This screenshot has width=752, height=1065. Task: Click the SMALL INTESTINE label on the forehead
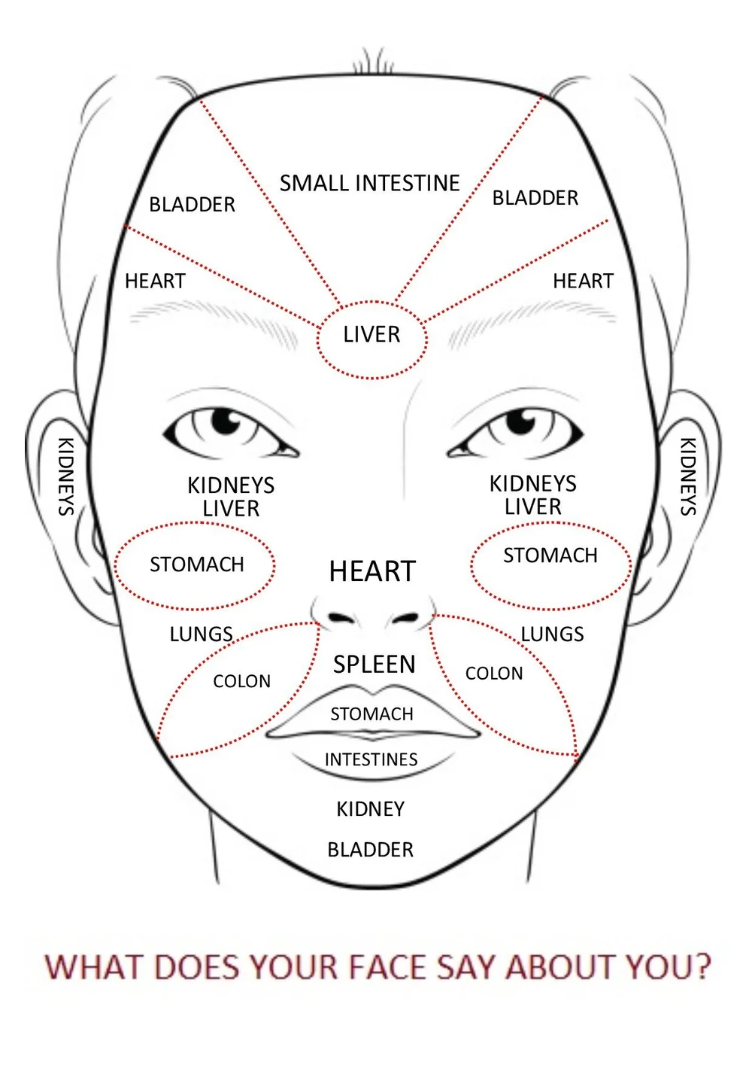369,183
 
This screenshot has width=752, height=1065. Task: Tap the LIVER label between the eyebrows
371,334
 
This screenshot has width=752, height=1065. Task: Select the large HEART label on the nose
372,571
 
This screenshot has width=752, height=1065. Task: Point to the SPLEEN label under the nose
374,664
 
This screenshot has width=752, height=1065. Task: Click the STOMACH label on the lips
371,714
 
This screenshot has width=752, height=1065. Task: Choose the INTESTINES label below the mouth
371,759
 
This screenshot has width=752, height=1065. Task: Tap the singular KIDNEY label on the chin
370,809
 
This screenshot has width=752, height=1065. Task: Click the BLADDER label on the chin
370,850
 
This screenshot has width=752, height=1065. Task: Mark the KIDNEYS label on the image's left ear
66,476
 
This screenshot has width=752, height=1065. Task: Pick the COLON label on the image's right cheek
494,673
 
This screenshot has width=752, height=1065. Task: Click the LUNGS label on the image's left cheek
201,634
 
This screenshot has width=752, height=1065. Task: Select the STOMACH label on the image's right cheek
550,555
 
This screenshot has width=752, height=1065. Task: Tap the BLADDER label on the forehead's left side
192,204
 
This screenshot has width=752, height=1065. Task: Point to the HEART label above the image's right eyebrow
583,281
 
